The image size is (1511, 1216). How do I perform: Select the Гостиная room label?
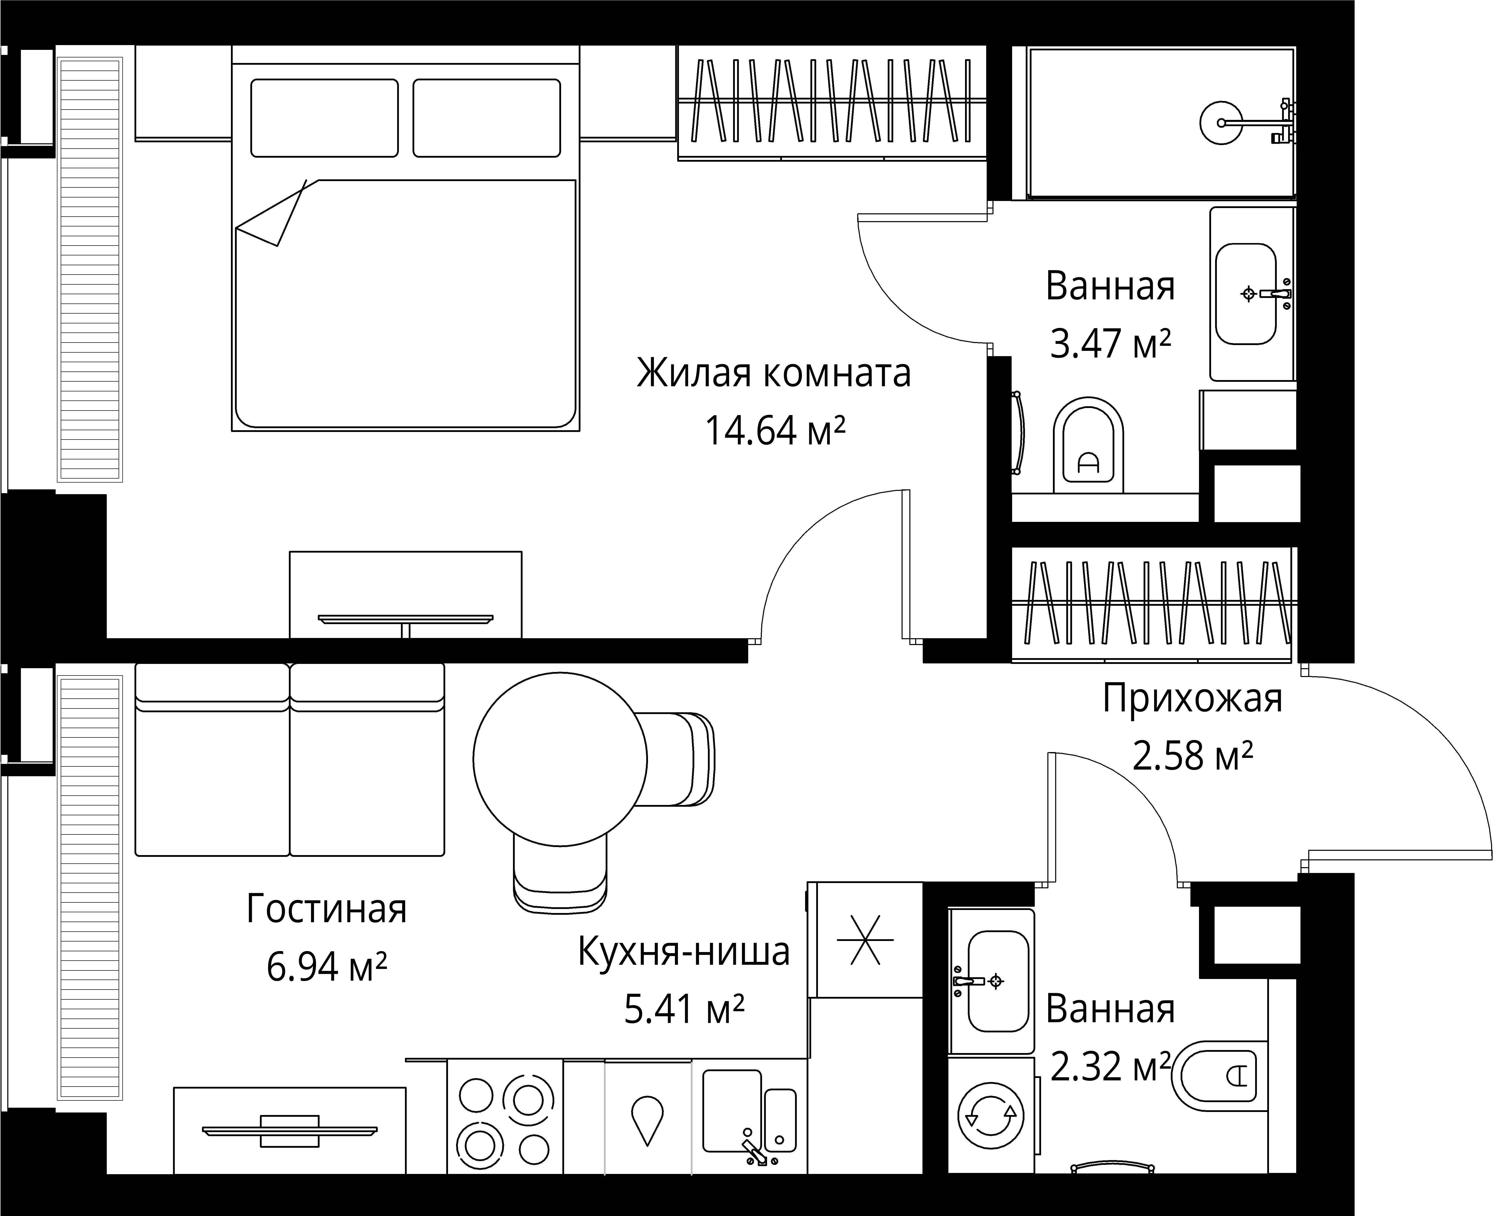pyautogui.click(x=327, y=910)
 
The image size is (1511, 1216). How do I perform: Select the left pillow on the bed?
pyautogui.click(x=324, y=118)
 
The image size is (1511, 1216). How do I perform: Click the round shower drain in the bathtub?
pyautogui.click(x=1222, y=123)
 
